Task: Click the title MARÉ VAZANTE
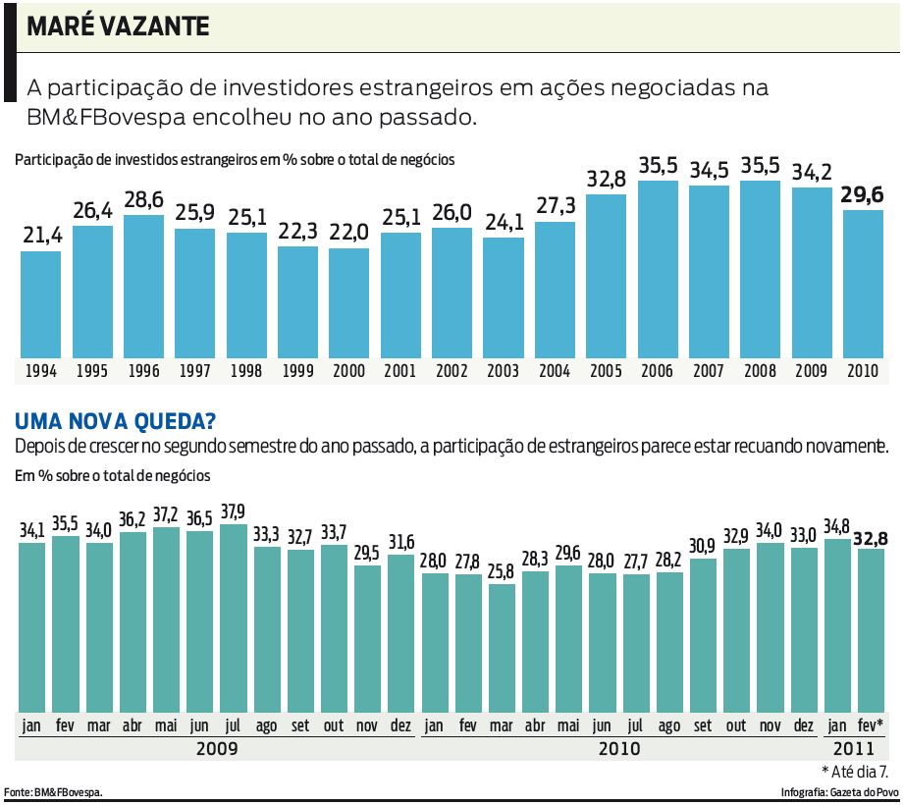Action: click(118, 27)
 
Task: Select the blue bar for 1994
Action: click(41, 304)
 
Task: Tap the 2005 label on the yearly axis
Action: click(606, 372)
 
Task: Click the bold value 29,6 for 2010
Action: click(863, 195)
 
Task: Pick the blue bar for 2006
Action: click(657, 270)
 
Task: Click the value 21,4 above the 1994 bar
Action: click(41, 237)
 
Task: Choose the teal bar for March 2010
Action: click(502, 648)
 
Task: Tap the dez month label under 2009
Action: click(400, 726)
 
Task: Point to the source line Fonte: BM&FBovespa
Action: click(54, 791)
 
